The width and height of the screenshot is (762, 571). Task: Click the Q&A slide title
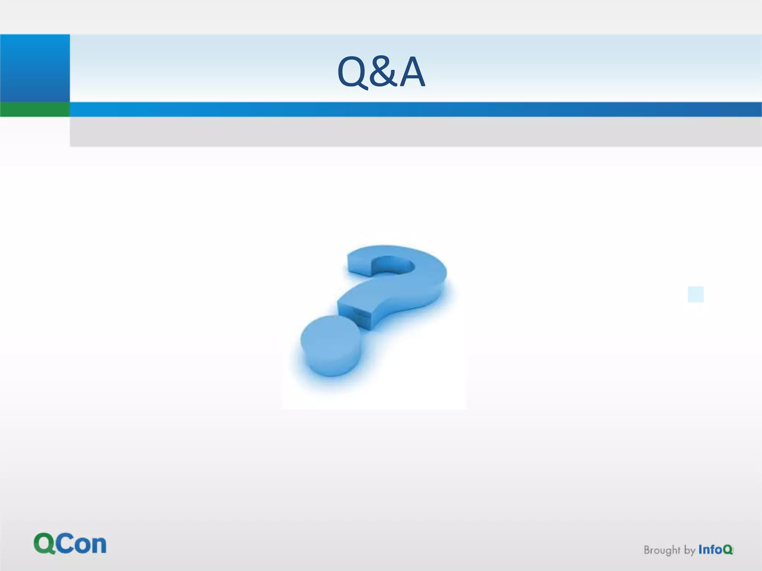[381, 72]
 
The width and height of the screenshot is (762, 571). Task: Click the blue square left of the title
[35, 68]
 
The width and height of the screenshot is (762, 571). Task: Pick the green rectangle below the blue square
[35, 109]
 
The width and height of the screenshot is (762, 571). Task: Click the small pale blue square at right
[695, 294]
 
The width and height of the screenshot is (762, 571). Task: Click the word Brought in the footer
[662, 550]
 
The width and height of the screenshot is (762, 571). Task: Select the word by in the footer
[689, 551]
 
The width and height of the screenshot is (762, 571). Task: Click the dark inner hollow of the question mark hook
[393, 265]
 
